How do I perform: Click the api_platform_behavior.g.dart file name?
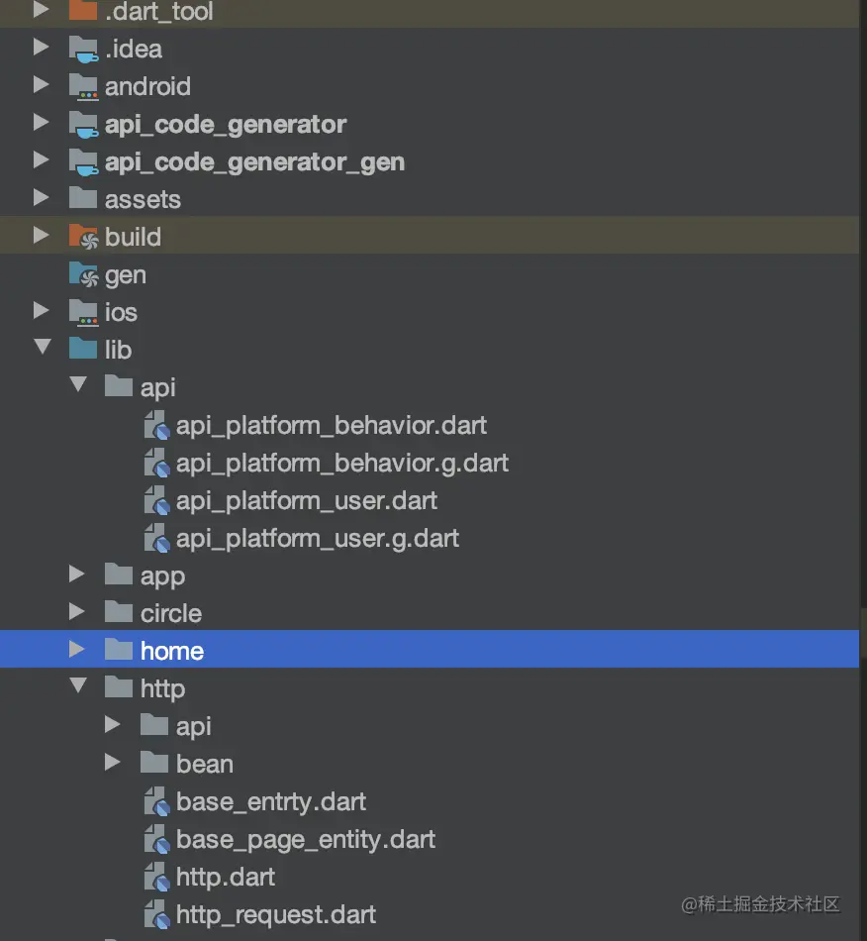click(x=341, y=463)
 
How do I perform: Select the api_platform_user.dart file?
click(x=306, y=500)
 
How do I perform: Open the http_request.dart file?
click(x=276, y=914)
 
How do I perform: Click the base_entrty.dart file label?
click(x=271, y=801)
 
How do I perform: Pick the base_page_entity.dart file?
click(x=306, y=839)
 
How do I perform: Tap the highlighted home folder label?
click(x=172, y=651)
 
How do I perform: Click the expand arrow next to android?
click(x=41, y=86)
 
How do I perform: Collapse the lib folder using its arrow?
click(x=42, y=349)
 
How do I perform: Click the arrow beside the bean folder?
click(x=113, y=763)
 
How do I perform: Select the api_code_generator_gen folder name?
click(x=254, y=161)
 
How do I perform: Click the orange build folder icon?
click(x=83, y=237)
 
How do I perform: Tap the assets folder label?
click(x=143, y=199)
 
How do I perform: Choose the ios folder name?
click(x=121, y=312)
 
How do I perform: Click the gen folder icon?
click(x=83, y=274)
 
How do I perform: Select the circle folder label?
click(x=170, y=613)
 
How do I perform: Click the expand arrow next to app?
click(x=77, y=575)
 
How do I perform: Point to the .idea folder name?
click(x=134, y=49)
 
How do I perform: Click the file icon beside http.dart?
click(x=156, y=878)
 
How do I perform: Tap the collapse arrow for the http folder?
click(x=77, y=687)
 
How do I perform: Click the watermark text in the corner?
click(x=759, y=903)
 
